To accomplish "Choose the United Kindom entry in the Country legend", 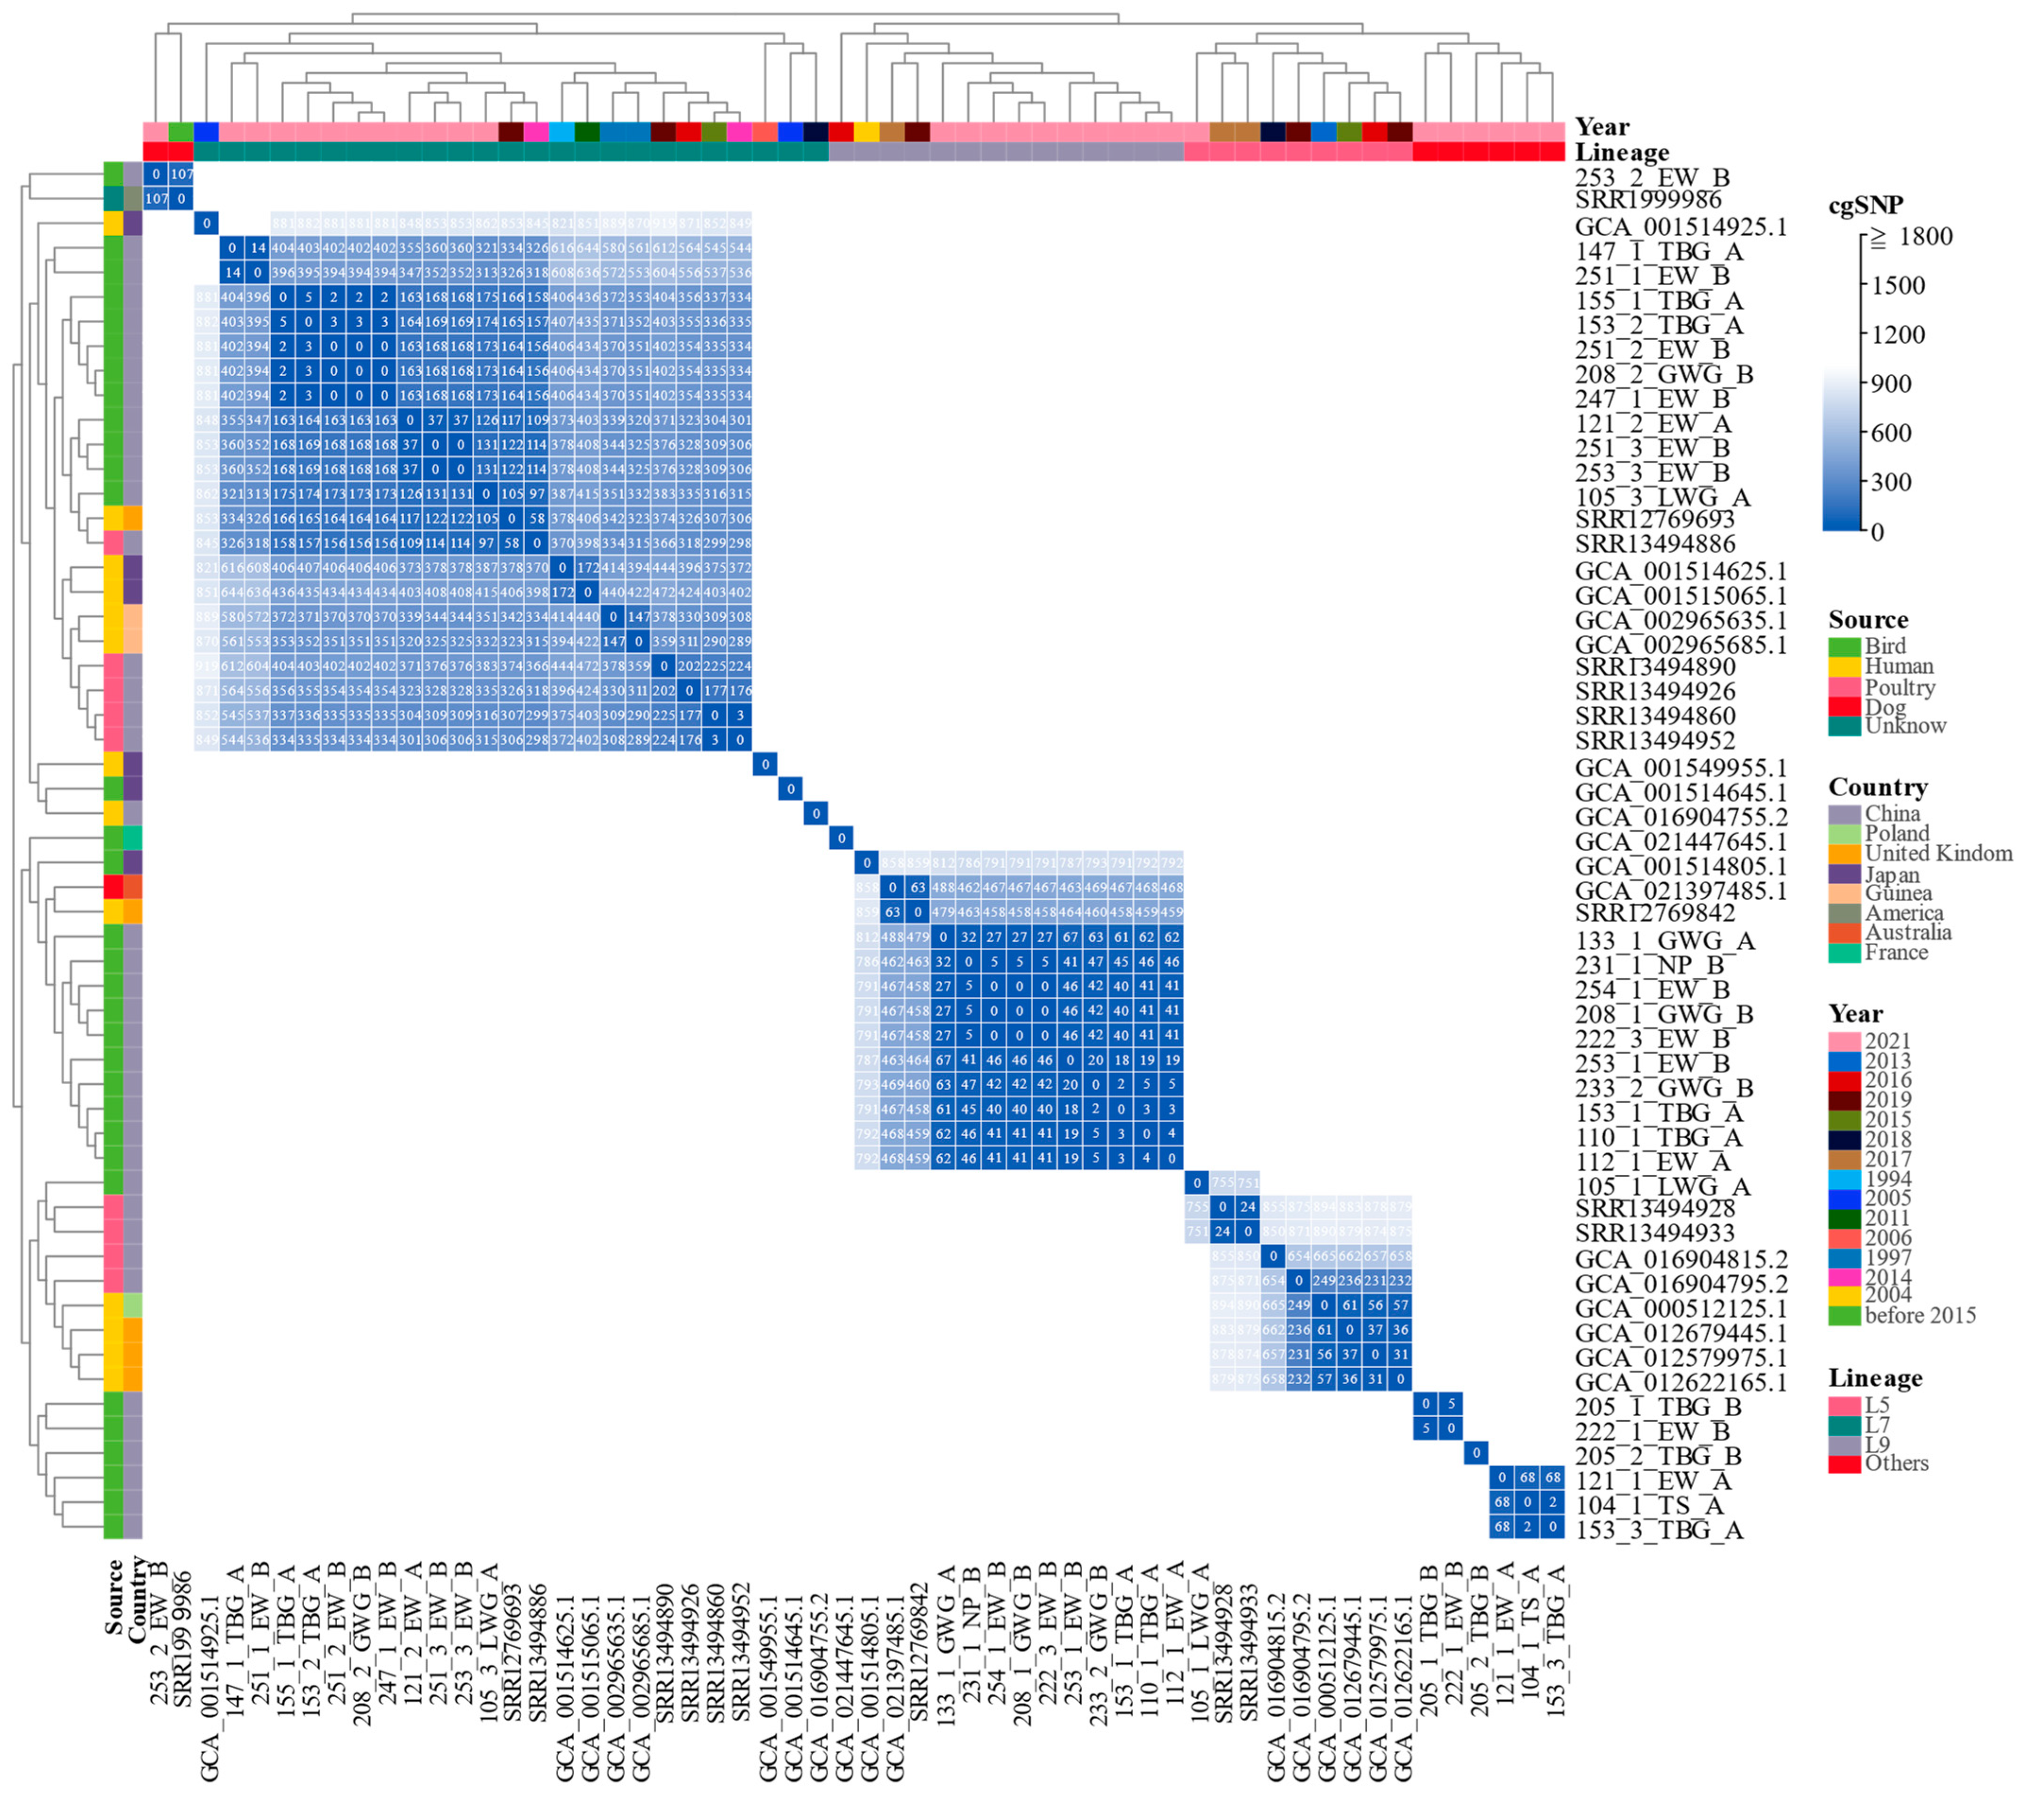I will pyautogui.click(x=1938, y=853).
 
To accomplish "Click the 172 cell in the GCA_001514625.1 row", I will pyautogui.click(x=587, y=568).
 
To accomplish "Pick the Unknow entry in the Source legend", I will pyautogui.click(x=1904, y=726).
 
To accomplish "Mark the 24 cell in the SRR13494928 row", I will pyautogui.click(x=1248, y=1208).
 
